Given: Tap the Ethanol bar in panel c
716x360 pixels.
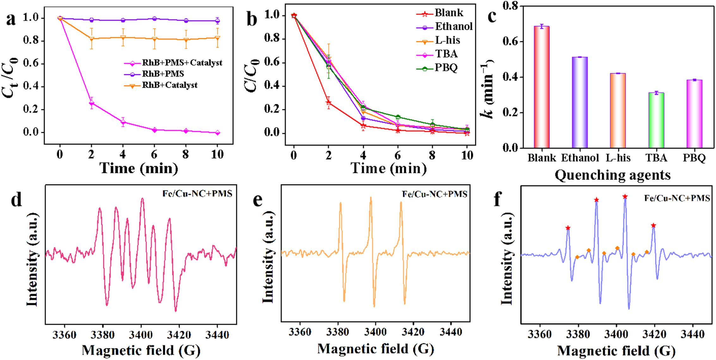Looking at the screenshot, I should tap(580, 102).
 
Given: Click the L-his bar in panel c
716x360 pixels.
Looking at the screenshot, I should tap(618, 111).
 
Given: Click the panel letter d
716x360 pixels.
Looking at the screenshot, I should tap(16, 200).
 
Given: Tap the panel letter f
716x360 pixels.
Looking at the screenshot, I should tap(498, 199).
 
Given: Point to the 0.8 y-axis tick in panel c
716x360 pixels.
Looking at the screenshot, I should tap(511, 6).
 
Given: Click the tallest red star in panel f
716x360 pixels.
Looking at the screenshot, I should tap(625, 197).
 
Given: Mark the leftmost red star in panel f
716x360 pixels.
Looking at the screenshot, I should tap(568, 228).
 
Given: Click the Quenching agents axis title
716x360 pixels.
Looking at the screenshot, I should tap(613, 175).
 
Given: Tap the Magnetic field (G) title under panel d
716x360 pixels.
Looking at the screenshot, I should tap(141, 350).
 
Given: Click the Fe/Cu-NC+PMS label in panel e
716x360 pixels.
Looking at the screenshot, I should tap(435, 194).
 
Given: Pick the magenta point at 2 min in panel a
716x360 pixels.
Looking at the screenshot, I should tap(91, 103).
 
